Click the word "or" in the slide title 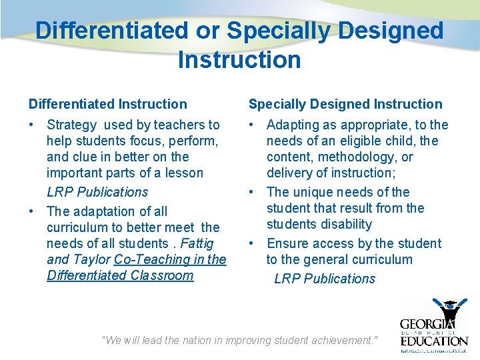207,30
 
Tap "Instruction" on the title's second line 239,60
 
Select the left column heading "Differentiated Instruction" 108,104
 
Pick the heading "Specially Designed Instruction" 345,104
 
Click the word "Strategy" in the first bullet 72,125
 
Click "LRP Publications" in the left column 97,192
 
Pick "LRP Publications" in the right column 325,279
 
